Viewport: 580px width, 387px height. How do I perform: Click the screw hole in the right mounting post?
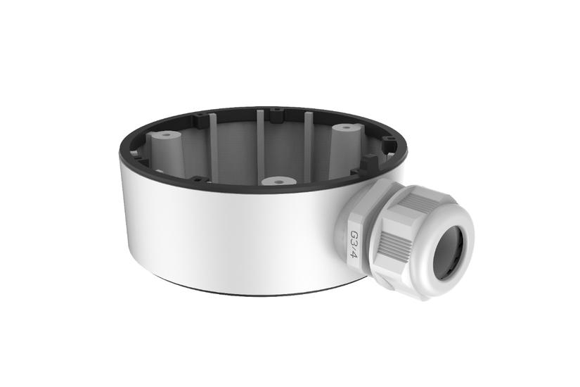click(x=347, y=129)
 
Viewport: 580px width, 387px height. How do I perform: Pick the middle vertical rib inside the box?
click(x=260, y=144)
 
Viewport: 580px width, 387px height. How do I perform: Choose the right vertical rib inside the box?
click(x=308, y=144)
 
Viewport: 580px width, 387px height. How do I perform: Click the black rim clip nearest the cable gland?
click(x=366, y=170)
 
